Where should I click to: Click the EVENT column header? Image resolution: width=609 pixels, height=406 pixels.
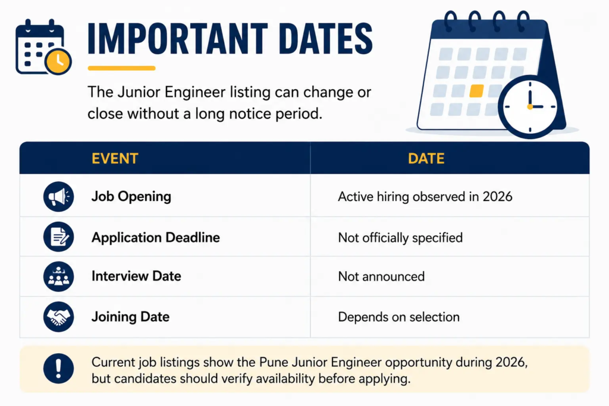115,158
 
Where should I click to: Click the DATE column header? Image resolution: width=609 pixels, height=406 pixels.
426,158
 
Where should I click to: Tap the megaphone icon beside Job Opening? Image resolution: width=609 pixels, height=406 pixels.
59,196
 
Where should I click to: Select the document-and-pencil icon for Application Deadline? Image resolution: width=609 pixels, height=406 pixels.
59,237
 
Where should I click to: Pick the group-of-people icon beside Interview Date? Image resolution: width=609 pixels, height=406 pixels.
59,276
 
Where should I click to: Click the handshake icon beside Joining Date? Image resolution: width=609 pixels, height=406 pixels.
59,317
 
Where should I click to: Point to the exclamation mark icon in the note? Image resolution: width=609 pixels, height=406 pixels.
59,369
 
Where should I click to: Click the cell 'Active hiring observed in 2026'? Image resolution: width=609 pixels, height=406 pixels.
425,197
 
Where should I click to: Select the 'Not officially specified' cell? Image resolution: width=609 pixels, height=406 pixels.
400,238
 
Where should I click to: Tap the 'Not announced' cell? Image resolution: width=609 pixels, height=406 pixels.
381,276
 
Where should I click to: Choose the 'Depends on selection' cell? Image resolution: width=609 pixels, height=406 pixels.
399,317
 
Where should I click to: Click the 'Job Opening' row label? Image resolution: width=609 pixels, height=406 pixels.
131,197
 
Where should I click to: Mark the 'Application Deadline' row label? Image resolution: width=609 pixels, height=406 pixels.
156,238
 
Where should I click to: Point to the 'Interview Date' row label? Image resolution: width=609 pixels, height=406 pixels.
136,276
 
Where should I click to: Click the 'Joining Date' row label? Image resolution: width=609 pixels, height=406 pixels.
130,317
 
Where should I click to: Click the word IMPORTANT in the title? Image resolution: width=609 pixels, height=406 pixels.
178,39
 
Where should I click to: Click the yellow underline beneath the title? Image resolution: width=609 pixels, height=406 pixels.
121,68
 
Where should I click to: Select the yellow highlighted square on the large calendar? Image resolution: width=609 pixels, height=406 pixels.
476,91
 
